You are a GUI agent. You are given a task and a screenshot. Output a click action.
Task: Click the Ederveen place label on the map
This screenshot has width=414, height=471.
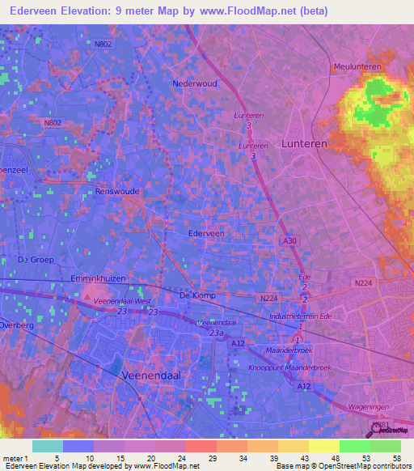(x=206, y=233)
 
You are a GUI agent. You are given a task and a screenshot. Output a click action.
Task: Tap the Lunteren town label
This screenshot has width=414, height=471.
(x=304, y=143)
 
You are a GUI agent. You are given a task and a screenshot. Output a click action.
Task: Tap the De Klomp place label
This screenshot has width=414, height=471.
(x=197, y=295)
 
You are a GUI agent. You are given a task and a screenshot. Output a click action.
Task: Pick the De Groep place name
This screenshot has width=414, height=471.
(x=36, y=260)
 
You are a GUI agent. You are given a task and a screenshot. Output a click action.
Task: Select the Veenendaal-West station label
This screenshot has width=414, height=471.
(x=122, y=300)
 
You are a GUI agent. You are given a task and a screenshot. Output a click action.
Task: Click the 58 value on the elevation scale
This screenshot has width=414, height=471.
(x=397, y=458)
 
